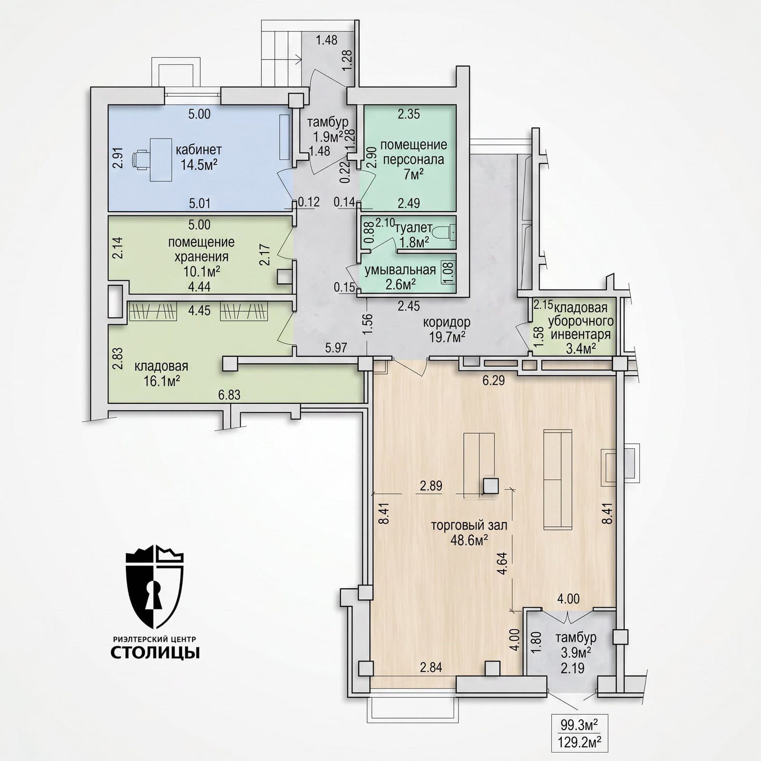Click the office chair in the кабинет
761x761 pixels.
click(x=141, y=159)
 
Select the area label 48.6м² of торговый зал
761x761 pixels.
click(x=468, y=540)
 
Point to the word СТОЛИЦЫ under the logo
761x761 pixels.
click(x=155, y=653)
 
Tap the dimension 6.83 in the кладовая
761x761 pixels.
click(x=229, y=395)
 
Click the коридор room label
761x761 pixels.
click(x=447, y=322)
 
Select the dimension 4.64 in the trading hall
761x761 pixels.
click(x=501, y=564)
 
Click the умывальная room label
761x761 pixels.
click(x=400, y=270)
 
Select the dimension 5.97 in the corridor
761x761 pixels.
click(x=336, y=348)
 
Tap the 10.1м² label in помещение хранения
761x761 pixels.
click(x=201, y=272)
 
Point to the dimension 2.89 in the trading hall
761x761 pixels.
click(x=430, y=486)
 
